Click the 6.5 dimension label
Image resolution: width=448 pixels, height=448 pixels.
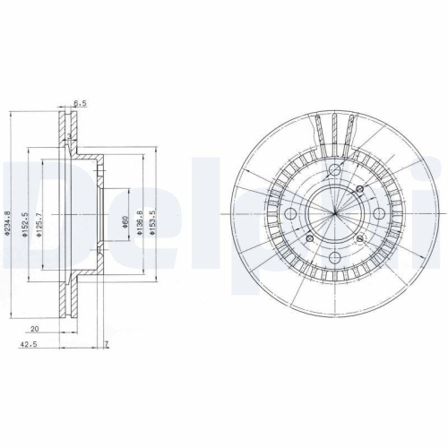tap(81, 104)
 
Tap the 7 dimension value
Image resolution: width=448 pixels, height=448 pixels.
tap(106, 345)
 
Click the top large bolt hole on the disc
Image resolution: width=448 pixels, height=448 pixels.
tap(333, 172)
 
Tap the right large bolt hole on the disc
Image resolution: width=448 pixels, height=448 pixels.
tap(377, 214)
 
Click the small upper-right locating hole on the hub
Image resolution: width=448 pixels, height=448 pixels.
tap(358, 190)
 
